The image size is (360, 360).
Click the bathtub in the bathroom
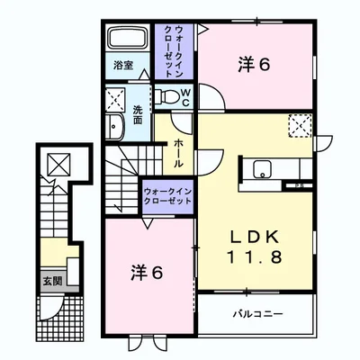128,38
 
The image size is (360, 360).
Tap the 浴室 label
123,66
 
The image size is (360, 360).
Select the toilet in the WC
166,95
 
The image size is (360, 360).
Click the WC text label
185,97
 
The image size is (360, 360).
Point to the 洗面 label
138,114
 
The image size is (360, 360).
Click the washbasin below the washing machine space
114,126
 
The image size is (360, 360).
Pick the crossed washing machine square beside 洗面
115,100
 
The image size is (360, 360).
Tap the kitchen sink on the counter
262,169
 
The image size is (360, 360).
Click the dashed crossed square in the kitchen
300,126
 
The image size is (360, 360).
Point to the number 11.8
255,257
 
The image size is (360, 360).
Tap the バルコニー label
258,314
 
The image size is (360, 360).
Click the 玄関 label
53,281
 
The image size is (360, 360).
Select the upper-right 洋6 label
254,65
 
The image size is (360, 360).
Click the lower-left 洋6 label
147,273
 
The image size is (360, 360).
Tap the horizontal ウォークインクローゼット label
167,196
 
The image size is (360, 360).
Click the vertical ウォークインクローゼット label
174,51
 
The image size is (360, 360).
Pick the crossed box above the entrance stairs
59,165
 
